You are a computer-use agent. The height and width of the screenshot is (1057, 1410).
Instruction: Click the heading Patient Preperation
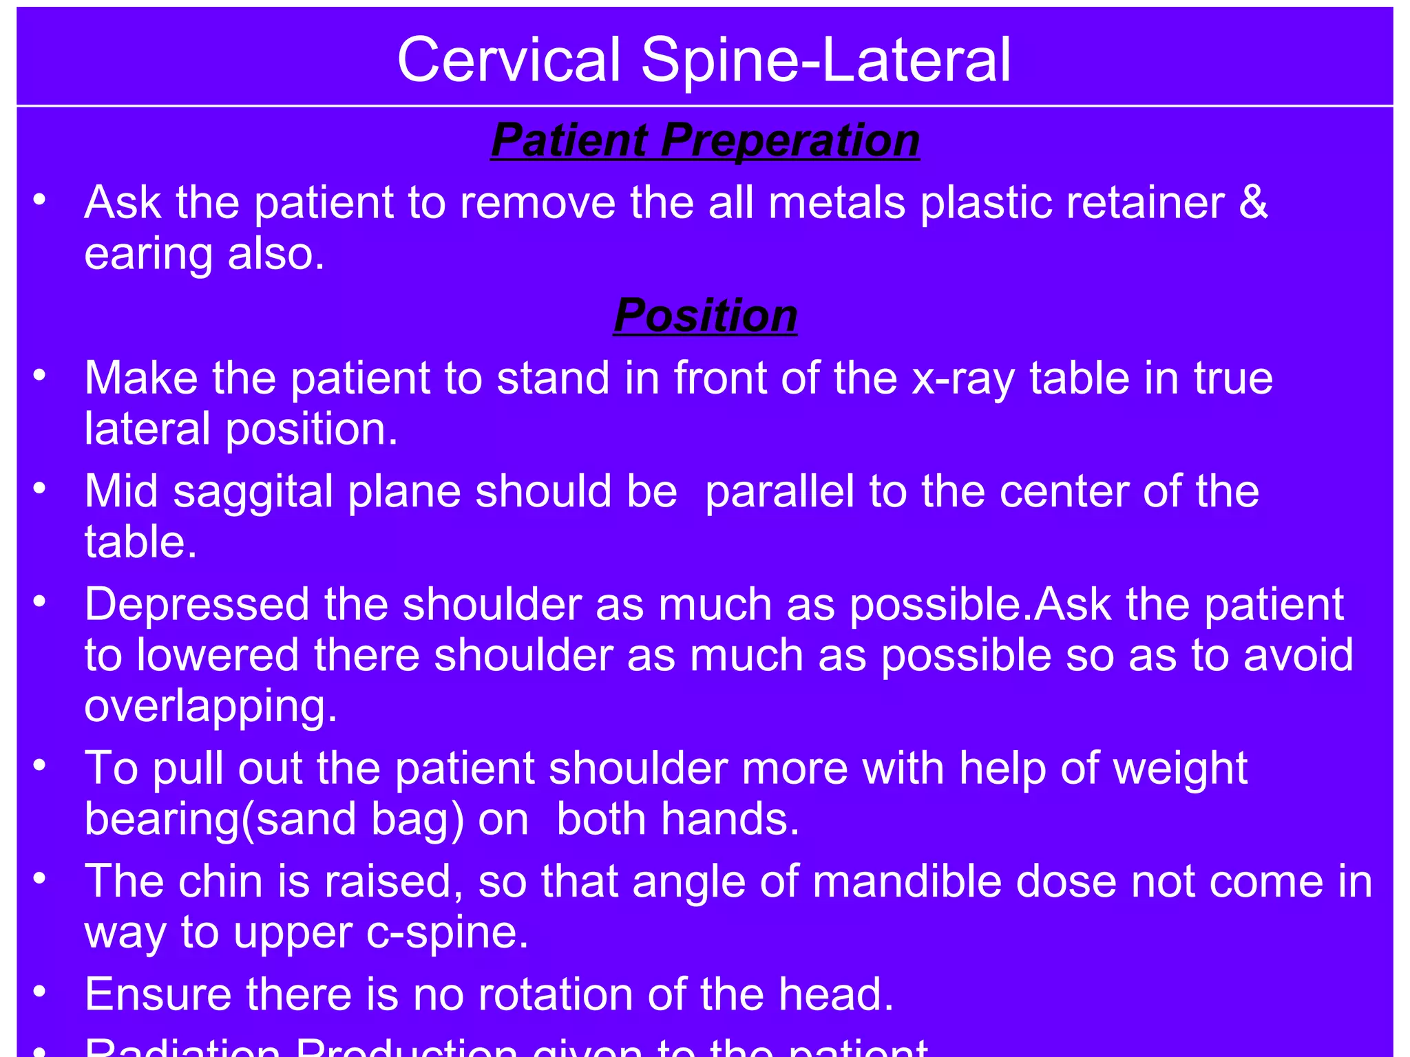click(x=705, y=140)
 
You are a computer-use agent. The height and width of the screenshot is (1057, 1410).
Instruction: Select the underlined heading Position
click(x=705, y=315)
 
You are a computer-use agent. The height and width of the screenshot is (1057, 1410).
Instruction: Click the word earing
click(x=149, y=256)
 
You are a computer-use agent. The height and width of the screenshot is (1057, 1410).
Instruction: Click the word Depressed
click(x=197, y=604)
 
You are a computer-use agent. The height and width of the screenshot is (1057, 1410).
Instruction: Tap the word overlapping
click(x=211, y=707)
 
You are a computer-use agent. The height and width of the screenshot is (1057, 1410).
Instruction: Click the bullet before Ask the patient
click(x=39, y=200)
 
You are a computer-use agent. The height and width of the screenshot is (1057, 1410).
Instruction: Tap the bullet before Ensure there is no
click(x=39, y=992)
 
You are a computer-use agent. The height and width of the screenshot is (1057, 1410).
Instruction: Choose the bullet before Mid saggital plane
click(x=39, y=489)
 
